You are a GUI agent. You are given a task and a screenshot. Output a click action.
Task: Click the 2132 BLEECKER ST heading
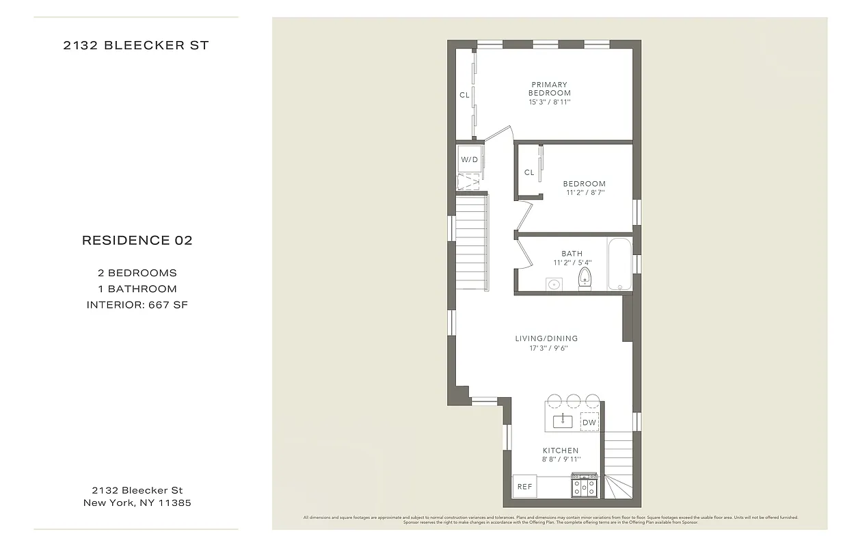pyautogui.click(x=136, y=46)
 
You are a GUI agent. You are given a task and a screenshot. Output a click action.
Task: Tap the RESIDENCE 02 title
pyautogui.click(x=137, y=241)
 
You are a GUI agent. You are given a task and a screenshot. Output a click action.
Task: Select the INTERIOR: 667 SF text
pyautogui.click(x=137, y=305)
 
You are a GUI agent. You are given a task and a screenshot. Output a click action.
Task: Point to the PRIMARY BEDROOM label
pyautogui.click(x=550, y=89)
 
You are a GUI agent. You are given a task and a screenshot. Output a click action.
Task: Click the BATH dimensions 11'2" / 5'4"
pyautogui.click(x=572, y=263)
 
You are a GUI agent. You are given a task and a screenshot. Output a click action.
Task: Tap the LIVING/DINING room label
pyautogui.click(x=546, y=338)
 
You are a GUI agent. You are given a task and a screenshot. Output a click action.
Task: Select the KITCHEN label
pyautogui.click(x=561, y=451)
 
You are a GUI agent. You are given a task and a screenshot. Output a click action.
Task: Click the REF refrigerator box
pyautogui.click(x=524, y=487)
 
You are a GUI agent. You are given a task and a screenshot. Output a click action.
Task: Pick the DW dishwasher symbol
pyautogui.click(x=589, y=423)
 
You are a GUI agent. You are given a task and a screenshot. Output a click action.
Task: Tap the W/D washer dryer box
pyautogui.click(x=469, y=159)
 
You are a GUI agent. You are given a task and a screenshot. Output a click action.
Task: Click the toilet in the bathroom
pyautogui.click(x=585, y=278)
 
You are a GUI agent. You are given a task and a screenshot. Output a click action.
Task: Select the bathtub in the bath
pyautogui.click(x=619, y=264)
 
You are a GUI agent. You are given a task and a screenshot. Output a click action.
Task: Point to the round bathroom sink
pyautogui.click(x=553, y=284)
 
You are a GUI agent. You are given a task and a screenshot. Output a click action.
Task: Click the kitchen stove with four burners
pyautogui.click(x=585, y=487)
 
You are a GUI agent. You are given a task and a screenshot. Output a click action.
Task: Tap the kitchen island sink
pyautogui.click(x=563, y=420)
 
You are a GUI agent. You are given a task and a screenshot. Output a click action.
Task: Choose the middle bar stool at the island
pyautogui.click(x=573, y=400)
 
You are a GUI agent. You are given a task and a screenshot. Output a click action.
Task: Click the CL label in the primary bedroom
pyautogui.click(x=464, y=95)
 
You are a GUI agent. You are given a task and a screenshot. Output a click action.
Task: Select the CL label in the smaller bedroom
pyautogui.click(x=529, y=172)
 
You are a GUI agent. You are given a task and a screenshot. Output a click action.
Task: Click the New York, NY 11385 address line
pyautogui.click(x=137, y=503)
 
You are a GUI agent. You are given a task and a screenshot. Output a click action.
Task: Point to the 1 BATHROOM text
pyautogui.click(x=137, y=289)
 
